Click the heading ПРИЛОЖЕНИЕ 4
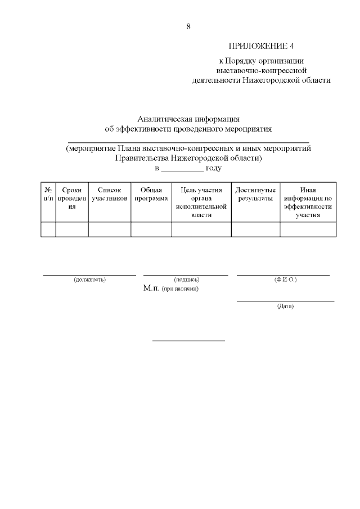click(262, 46)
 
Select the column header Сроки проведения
click(71, 199)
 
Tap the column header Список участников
click(109, 195)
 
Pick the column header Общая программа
click(151, 195)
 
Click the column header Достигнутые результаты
click(255, 195)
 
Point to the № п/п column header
click(48, 195)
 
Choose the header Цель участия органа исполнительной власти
click(201, 202)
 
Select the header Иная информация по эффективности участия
click(308, 202)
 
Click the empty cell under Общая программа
click(151, 229)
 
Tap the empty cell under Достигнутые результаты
click(255, 229)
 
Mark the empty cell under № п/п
click(48, 229)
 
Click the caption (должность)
click(89, 280)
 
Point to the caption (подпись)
click(186, 280)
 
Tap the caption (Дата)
click(285, 306)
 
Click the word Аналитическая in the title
click(164, 119)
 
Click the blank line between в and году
click(182, 169)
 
